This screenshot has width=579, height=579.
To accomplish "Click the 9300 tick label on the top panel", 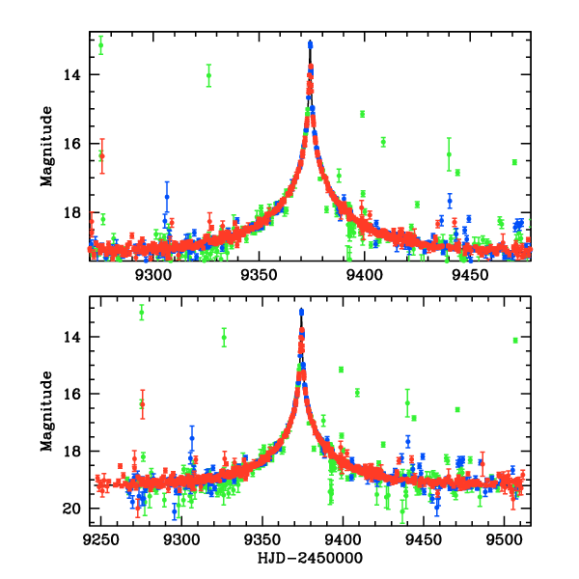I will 153,275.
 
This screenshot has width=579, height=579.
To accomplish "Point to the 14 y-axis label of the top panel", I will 73,74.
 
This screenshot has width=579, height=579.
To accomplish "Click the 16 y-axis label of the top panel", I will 73,143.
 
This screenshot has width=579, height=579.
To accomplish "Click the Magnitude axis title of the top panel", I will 45,145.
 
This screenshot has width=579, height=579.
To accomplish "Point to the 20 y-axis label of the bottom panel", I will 73,509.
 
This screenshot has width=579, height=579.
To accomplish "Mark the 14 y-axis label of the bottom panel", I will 73,337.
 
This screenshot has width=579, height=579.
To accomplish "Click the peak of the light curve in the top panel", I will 310,43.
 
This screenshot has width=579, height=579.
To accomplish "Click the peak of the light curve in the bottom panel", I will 302,311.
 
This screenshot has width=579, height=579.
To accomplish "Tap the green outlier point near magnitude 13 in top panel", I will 100,44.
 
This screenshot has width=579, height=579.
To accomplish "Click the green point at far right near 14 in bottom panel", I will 515,340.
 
